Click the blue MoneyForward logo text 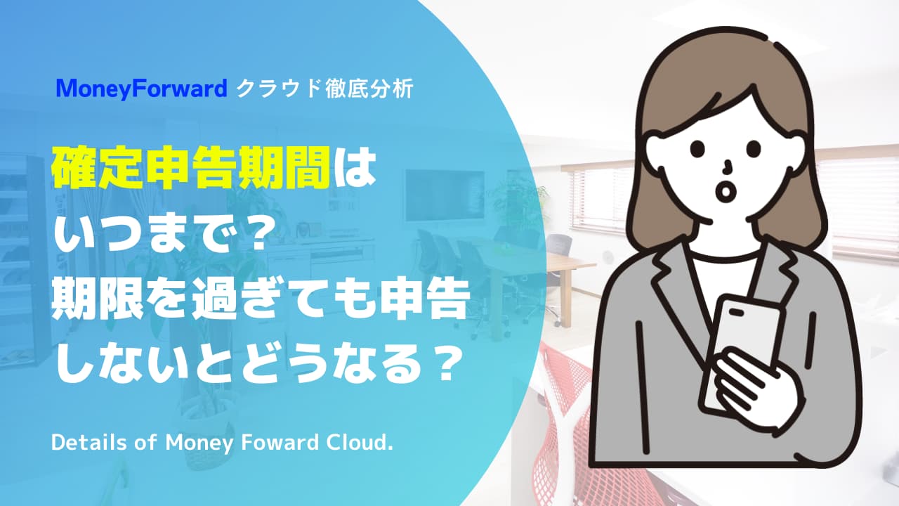(x=142, y=89)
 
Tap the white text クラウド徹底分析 (x=324, y=89)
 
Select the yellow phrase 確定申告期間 (x=190, y=167)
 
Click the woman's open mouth (x=726, y=190)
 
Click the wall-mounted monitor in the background (x=445, y=195)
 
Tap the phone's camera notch (x=736, y=312)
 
